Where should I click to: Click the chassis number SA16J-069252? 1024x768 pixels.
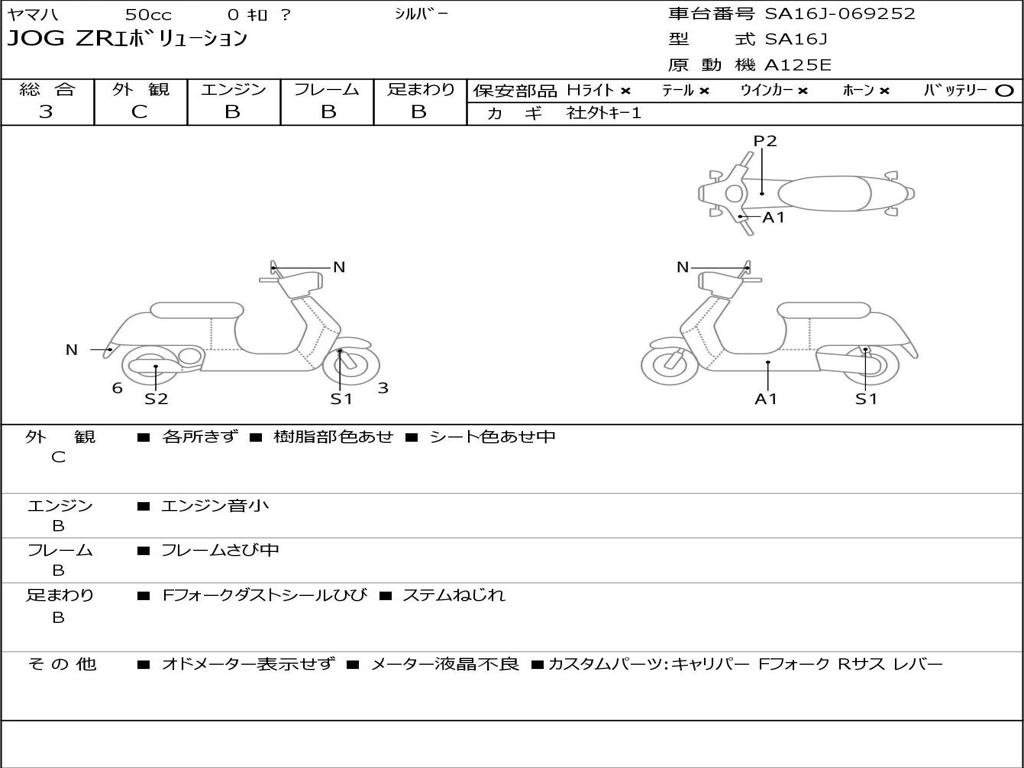(x=840, y=14)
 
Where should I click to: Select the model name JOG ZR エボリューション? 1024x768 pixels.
(x=127, y=40)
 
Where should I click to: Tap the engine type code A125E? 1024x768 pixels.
(x=797, y=66)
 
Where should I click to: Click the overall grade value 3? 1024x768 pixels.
(x=46, y=112)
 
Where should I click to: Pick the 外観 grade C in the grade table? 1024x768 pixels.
(x=139, y=112)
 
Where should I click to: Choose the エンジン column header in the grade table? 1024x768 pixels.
(x=233, y=90)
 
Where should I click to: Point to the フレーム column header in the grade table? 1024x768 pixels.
(x=326, y=90)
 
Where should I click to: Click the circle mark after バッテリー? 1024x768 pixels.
(x=1004, y=91)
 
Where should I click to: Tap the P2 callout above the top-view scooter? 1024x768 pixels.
(x=765, y=141)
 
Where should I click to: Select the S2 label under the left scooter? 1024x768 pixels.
(x=156, y=399)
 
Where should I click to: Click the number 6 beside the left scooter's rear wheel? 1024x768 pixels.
(x=117, y=388)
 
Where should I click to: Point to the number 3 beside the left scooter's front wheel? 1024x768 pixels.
(x=383, y=388)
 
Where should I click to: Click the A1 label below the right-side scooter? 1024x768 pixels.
(x=766, y=399)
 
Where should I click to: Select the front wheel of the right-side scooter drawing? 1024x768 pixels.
(x=669, y=364)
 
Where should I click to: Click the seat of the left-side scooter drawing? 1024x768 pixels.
(x=195, y=310)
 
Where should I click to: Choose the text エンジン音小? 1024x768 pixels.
(x=215, y=506)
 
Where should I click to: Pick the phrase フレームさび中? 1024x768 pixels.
(x=220, y=550)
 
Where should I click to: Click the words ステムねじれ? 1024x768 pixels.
(x=453, y=595)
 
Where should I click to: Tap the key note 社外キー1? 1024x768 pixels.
(x=604, y=113)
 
